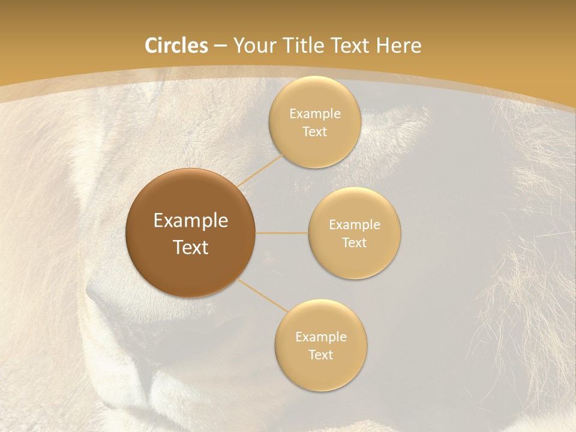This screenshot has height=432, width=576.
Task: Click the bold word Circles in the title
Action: tap(176, 46)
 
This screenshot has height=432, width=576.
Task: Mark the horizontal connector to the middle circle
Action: tap(282, 233)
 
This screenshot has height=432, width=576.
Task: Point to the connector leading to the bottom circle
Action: tap(264, 296)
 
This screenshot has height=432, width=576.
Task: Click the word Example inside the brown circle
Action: tap(191, 221)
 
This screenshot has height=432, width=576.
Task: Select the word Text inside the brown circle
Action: tap(191, 247)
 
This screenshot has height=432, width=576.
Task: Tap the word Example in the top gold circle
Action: tap(315, 114)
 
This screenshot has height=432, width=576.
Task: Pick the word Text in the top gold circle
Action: tap(314, 132)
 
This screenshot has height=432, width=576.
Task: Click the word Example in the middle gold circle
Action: tap(355, 225)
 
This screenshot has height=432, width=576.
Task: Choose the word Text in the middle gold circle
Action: tap(354, 243)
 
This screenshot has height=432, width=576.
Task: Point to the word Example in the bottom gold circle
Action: tap(321, 337)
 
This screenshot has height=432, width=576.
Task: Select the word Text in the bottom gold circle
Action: tap(320, 355)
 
